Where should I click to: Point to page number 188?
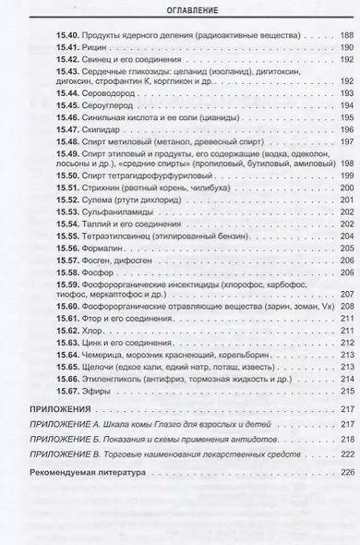(347, 33)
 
